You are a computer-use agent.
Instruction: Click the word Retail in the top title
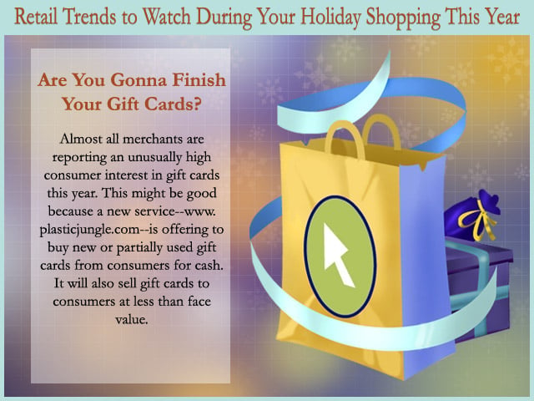[x=35, y=17]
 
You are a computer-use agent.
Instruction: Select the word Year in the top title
[x=502, y=17]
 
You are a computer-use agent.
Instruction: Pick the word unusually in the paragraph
[x=154, y=158]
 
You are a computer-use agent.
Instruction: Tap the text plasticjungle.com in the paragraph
[x=89, y=230]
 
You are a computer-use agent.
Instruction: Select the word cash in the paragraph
[x=208, y=265]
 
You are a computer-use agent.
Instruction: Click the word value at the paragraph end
[x=132, y=319]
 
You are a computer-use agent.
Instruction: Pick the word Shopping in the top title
[x=403, y=18]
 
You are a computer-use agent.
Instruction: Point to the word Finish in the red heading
[x=199, y=80]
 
